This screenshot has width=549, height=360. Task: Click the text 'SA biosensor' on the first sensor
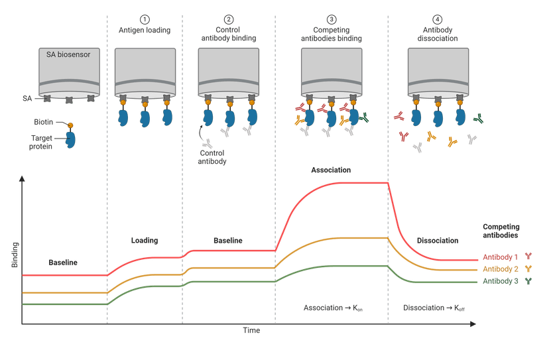[x=68, y=55]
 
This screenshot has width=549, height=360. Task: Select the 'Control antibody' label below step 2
[x=213, y=157]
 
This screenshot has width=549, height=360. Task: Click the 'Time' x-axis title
[x=251, y=330]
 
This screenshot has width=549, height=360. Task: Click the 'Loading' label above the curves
[x=145, y=240]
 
